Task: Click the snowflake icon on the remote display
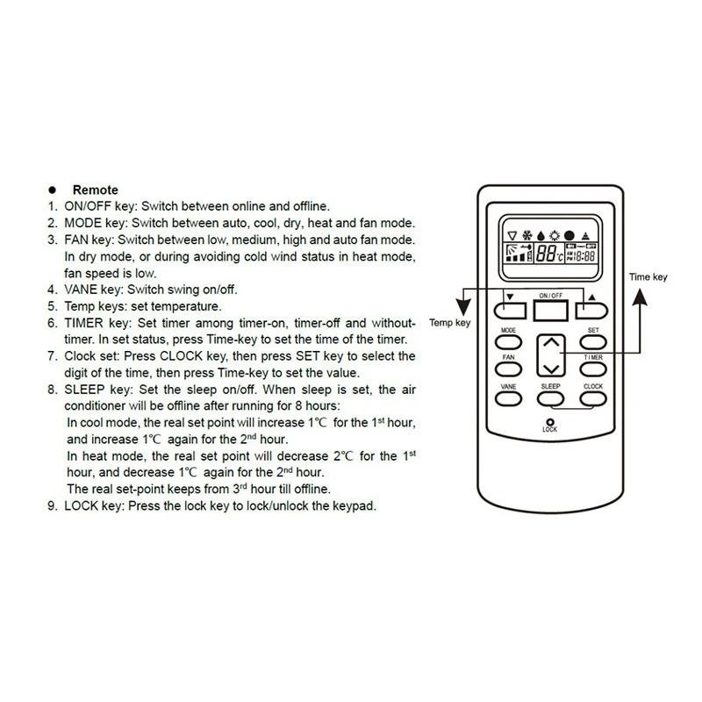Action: click(x=526, y=235)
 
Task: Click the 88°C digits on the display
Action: click(x=548, y=255)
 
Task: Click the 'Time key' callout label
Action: click(x=648, y=276)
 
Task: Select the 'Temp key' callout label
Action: click(x=449, y=323)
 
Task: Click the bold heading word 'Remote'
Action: click(x=90, y=190)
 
